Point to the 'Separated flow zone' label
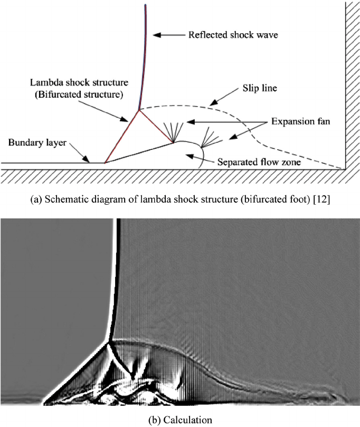pos(260,163)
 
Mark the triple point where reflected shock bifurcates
pos(139,110)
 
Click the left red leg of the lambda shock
pos(122,136)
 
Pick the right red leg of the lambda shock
pos(156,126)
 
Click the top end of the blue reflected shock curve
pos(145,5)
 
